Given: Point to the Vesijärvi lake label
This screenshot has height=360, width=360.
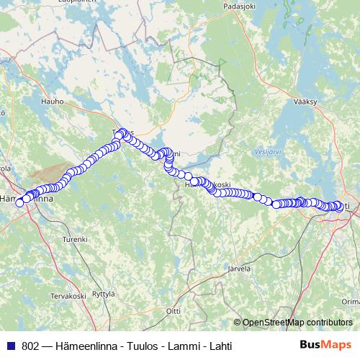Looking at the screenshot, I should tap(266, 152).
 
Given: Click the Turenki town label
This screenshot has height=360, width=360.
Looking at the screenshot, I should tap(74, 238).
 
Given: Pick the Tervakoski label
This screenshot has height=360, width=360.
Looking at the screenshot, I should tap(68, 296).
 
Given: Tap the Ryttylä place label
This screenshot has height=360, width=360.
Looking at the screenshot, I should tap(104, 294).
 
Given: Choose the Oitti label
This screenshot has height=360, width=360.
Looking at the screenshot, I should tap(173, 310).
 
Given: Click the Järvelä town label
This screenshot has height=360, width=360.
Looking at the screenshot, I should tap(238, 268).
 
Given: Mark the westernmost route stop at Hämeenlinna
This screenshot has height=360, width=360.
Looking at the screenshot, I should tap(20, 202).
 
